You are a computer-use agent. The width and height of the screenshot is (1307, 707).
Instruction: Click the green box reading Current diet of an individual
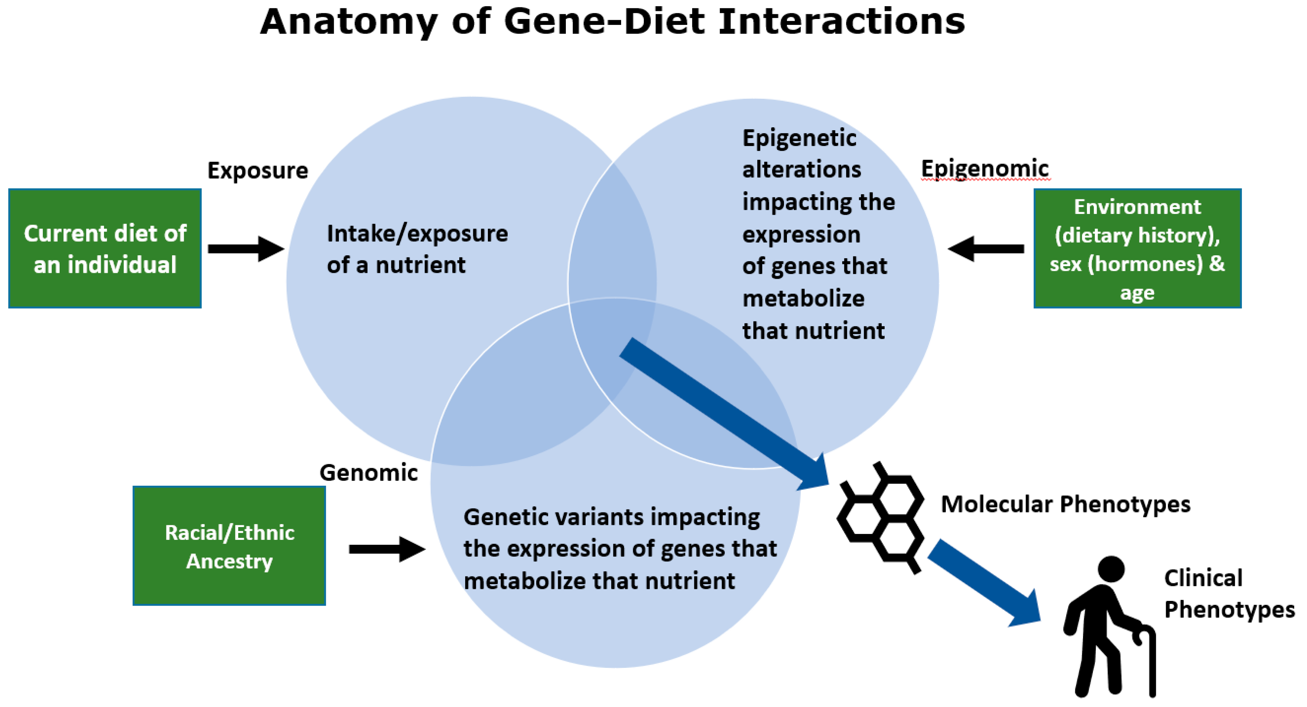click(105, 248)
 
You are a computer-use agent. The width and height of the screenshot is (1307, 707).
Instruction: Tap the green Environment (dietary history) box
click(1137, 248)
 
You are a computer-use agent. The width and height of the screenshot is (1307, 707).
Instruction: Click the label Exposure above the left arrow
click(257, 170)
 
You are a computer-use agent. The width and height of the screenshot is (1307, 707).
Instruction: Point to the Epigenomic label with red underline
click(984, 168)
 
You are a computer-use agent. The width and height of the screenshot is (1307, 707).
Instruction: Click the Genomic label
click(368, 473)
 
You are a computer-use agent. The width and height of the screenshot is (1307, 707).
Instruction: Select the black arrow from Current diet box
click(246, 248)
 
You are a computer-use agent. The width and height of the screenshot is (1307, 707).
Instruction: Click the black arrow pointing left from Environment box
click(985, 248)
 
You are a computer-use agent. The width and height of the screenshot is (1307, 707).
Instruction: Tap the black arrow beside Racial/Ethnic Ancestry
click(387, 549)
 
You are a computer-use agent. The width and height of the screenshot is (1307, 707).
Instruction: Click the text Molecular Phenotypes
click(1065, 504)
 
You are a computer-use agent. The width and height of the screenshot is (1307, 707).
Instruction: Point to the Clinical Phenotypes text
click(1228, 593)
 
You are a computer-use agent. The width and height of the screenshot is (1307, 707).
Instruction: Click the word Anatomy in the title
click(348, 23)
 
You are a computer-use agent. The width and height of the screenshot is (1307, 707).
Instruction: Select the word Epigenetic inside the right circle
click(799, 138)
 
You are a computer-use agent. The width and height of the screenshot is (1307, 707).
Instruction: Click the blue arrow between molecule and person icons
click(984, 583)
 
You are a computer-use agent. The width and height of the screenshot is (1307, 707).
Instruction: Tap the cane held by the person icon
click(1151, 659)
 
